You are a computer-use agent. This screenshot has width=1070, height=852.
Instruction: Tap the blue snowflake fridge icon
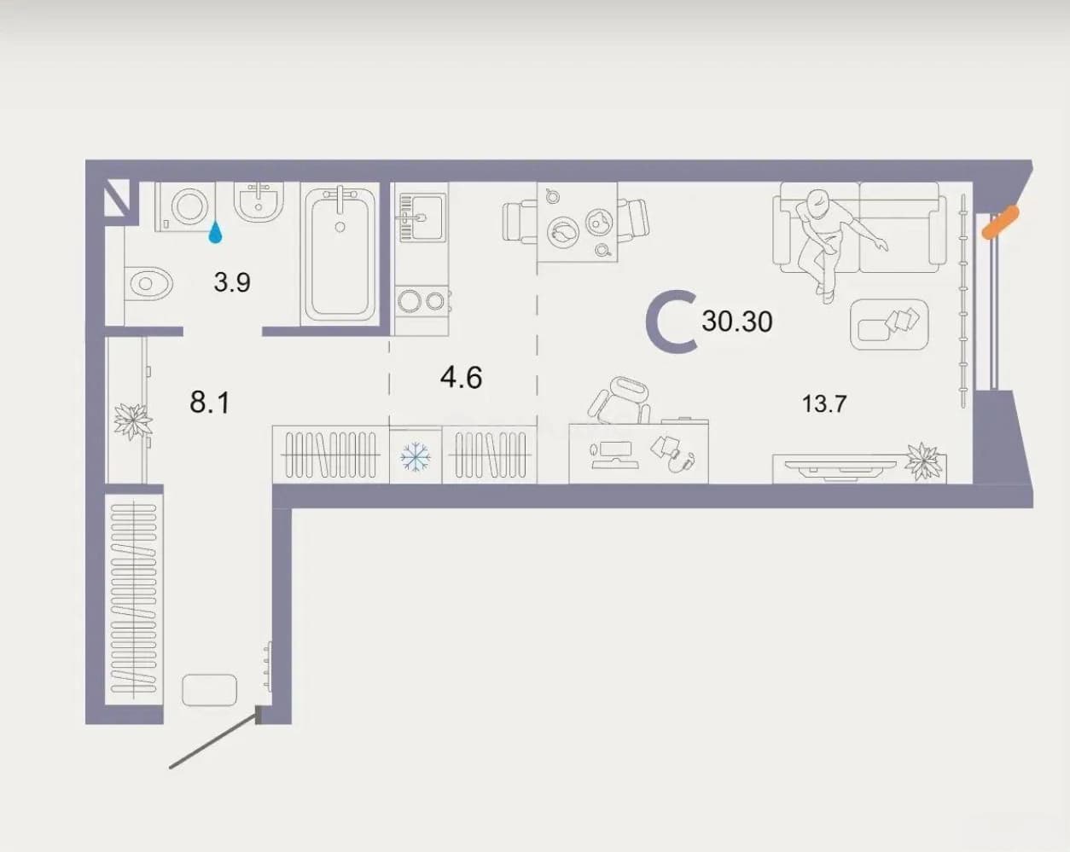pyautogui.click(x=416, y=456)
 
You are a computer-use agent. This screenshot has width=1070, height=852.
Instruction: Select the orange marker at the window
pyautogui.click(x=1000, y=223)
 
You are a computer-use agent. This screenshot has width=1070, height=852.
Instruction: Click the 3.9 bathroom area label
pyautogui.click(x=232, y=282)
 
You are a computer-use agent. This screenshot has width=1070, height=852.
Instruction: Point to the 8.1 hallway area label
pyautogui.click(x=210, y=403)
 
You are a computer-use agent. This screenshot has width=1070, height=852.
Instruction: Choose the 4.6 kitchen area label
pyautogui.click(x=461, y=377)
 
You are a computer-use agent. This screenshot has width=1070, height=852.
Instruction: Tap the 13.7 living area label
pyautogui.click(x=824, y=403)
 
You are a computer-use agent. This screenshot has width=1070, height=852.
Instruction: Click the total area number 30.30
pyautogui.click(x=737, y=322)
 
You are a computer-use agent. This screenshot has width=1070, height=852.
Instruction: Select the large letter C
pyautogui.click(x=671, y=322)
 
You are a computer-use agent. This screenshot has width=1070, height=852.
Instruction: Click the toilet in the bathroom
pyautogui.click(x=148, y=284)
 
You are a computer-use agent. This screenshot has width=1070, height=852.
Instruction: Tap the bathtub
pyautogui.click(x=340, y=254)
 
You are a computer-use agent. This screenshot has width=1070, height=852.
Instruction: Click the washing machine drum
pyautogui.click(x=189, y=206)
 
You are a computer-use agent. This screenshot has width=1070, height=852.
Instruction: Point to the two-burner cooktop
pyautogui.click(x=422, y=301)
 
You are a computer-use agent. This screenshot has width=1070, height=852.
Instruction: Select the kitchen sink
pyautogui.click(x=421, y=217)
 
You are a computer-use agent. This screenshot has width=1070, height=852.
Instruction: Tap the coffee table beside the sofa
pyautogui.click(x=889, y=324)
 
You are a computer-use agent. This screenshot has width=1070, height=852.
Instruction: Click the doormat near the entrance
pyautogui.click(x=209, y=690)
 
